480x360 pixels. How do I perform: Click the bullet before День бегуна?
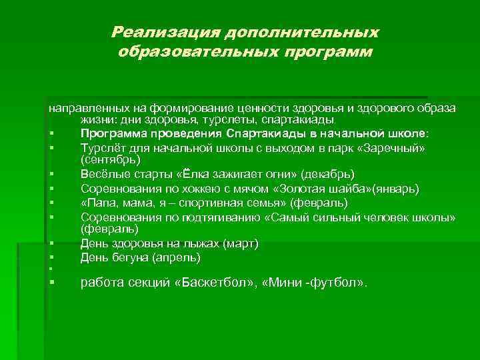(51, 257)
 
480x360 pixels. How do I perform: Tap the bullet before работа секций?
(51, 283)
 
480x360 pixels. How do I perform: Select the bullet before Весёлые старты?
(51, 175)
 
